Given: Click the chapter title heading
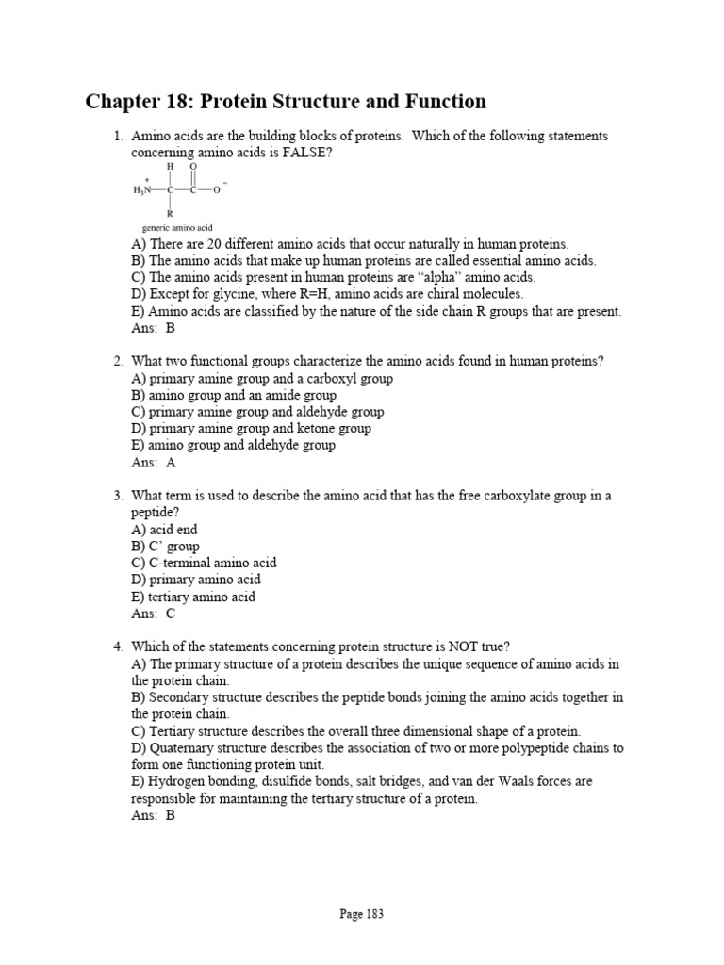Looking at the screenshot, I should click(x=286, y=102).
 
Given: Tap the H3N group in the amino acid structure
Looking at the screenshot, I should click(x=142, y=189).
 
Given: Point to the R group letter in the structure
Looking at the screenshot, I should click(x=170, y=214).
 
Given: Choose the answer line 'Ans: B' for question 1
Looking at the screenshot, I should click(x=154, y=329).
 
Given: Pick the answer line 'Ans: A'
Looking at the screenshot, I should click(x=154, y=463).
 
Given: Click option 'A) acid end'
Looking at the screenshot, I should click(x=165, y=530).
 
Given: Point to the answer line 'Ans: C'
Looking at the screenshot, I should click(x=154, y=613).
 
